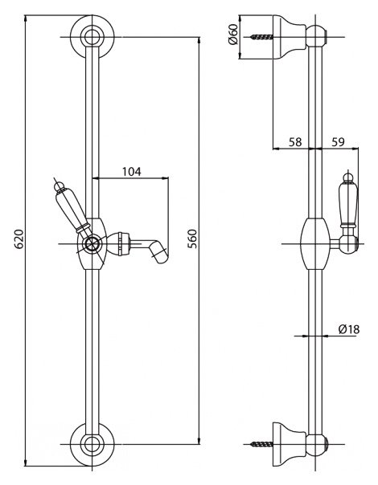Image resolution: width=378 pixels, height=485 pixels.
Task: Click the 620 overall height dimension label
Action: pos(19,239)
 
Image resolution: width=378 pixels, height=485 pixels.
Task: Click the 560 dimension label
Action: pos(192,238)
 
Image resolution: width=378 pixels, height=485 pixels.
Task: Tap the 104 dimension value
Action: pos(131,171)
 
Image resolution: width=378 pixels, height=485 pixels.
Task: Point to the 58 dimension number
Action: pos(295,142)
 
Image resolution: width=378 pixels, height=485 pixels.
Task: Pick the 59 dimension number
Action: pos(338,142)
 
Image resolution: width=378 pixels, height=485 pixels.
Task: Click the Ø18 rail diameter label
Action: pos(349,329)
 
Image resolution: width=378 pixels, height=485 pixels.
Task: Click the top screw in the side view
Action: pos(263,37)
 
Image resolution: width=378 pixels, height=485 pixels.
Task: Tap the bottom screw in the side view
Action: pos(263,444)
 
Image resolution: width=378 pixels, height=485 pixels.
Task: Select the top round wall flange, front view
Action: pos(92,36)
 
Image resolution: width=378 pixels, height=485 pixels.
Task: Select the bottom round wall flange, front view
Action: pos(92,444)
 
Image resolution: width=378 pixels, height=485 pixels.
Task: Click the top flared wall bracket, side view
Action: pos(290,37)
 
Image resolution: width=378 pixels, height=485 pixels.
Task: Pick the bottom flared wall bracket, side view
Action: pos(290,444)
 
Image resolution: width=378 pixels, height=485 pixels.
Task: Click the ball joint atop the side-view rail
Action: pos(317,36)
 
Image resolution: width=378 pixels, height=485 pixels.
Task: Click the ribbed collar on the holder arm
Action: pos(121,244)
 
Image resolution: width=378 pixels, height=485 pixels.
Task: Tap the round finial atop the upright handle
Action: pos(349,177)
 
